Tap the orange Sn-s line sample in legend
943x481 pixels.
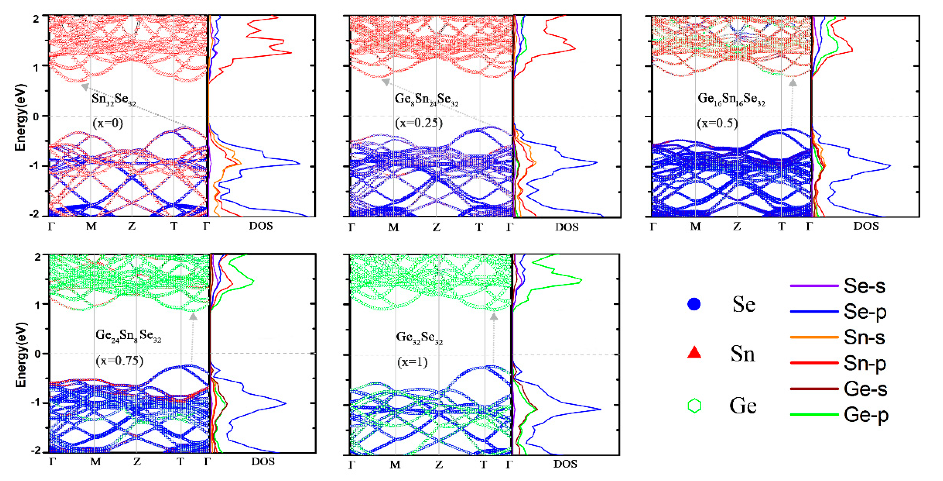click(814, 337)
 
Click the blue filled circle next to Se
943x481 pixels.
click(694, 304)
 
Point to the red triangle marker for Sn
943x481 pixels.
click(694, 353)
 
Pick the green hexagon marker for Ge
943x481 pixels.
click(694, 406)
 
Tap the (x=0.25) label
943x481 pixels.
click(419, 122)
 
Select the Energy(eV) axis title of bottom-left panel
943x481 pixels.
click(21, 354)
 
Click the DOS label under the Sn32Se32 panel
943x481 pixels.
click(261, 226)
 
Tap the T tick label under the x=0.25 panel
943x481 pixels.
click(479, 228)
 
